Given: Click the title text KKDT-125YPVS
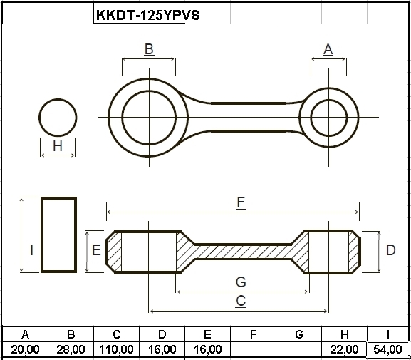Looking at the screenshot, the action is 148,15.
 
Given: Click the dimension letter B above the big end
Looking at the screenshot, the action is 149,49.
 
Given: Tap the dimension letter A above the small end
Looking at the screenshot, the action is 328,49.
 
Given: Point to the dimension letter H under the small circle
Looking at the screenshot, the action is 58,146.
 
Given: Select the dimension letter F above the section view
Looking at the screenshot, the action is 241,203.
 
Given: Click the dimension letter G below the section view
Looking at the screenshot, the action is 241,283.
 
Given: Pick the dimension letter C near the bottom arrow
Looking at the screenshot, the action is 241,301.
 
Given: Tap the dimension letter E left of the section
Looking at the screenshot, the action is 96,250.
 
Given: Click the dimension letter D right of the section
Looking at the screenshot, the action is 391,251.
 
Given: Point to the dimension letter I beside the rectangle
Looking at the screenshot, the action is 32,251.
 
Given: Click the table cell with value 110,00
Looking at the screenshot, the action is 116,349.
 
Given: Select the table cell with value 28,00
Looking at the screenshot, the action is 71,349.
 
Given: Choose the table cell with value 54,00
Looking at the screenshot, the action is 387,349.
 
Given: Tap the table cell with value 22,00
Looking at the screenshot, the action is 344,349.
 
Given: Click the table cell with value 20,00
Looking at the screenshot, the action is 25,349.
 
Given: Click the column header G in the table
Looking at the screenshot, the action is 299,334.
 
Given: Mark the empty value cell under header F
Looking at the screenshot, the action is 253,349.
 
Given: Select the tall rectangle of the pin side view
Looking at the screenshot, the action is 41,235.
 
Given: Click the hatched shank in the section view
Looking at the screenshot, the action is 242,252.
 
